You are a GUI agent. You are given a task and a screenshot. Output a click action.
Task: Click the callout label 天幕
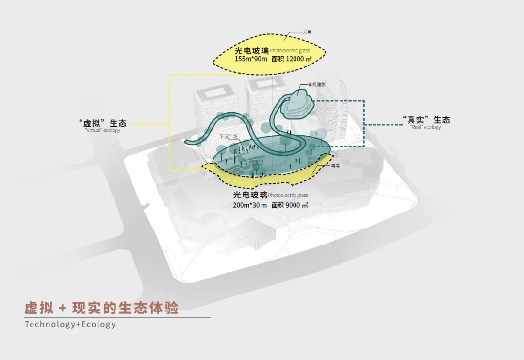(x=306, y=32)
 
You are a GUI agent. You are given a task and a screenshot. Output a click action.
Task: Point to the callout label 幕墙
(x=335, y=165)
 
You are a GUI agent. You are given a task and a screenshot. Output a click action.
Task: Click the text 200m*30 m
(x=250, y=205)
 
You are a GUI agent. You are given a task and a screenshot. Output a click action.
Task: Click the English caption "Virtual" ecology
(x=102, y=131)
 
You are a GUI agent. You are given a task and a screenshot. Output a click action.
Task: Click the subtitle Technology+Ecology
(x=70, y=324)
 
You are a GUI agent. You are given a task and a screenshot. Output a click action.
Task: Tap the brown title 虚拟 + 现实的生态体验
(x=101, y=308)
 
